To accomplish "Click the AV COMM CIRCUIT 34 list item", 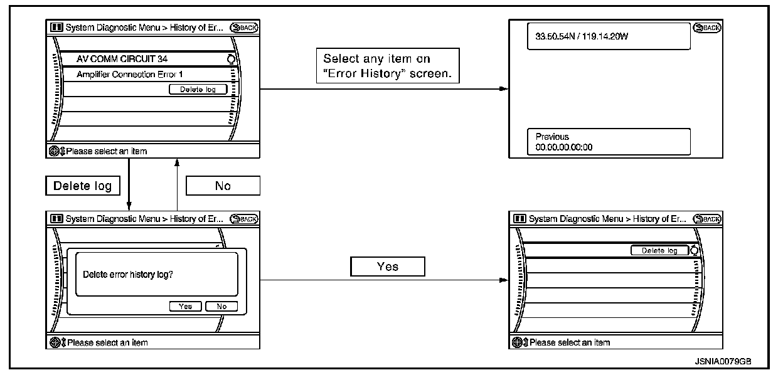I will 122,59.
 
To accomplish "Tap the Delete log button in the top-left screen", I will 198,90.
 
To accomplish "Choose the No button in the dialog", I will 221,306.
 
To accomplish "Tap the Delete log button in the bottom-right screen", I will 659,250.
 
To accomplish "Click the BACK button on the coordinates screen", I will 708,28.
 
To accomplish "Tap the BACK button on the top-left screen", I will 244,27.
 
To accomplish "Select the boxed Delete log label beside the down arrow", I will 82,186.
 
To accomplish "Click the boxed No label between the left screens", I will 223,186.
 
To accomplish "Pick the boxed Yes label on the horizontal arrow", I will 388,267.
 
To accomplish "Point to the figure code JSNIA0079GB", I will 723,362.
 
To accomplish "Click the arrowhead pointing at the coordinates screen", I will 503,89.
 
